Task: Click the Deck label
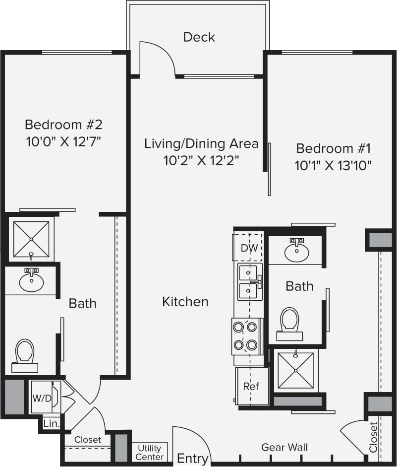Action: tap(199, 37)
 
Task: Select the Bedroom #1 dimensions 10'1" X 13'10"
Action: tap(333, 165)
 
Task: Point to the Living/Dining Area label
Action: tap(201, 144)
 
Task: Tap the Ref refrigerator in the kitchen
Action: tap(251, 386)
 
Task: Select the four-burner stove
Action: tap(246, 336)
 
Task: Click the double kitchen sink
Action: tap(249, 281)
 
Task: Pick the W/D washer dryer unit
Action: tap(42, 398)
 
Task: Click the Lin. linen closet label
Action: tap(52, 424)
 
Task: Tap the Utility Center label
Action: tap(150, 453)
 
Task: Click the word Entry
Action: tap(192, 458)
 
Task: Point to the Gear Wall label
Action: tap(284, 448)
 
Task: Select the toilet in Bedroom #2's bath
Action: tap(24, 354)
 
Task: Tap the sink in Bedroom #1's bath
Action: tap(297, 251)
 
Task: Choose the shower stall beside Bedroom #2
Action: tap(31, 239)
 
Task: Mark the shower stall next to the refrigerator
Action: tap(295, 370)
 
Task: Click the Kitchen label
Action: tap(185, 302)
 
